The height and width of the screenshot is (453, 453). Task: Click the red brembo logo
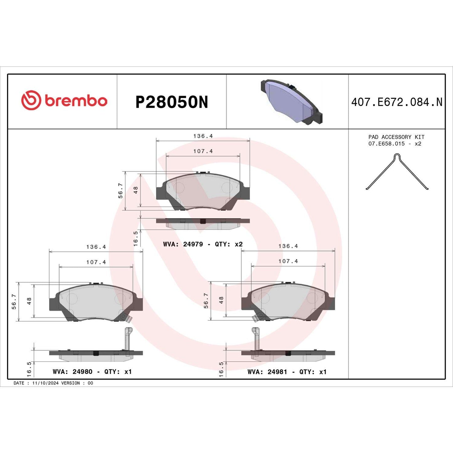64,101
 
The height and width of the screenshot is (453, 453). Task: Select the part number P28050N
171,102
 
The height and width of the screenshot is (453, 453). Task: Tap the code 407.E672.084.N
397,102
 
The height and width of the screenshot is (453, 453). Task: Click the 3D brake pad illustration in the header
291,101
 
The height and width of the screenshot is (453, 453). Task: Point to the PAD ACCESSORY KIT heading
396,137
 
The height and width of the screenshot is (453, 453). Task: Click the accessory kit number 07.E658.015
386,144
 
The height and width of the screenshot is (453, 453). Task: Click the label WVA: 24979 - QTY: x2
203,244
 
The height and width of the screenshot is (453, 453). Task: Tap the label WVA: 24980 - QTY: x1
92,372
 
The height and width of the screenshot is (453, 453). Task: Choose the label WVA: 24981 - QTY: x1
287,372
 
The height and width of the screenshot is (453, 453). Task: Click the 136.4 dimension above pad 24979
203,136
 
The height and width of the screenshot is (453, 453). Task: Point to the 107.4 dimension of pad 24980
96,262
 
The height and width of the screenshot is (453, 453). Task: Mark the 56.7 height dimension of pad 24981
206,301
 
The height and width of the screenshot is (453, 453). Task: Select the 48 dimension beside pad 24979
136,190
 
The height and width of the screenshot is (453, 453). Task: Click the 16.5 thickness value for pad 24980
29,369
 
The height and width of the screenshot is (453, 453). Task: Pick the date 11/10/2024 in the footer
45,383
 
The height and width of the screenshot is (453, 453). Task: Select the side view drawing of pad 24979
203,223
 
